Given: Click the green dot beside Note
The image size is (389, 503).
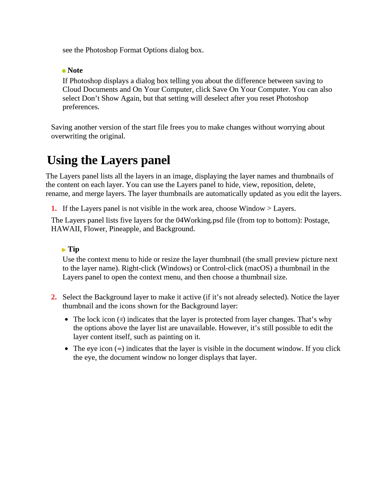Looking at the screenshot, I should pos(64,71).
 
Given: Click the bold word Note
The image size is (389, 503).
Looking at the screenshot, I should pos(75,70).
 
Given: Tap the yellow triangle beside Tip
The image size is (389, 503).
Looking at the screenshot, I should pos(64,250).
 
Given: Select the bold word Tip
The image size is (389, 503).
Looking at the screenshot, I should pos(73,249).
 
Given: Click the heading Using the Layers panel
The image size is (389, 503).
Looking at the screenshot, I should pos(108,160).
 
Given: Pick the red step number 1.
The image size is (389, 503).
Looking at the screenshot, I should pos(54,209).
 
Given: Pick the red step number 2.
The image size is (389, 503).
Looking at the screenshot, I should pos(54,297).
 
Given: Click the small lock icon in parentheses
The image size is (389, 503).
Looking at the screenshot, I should pos(121,319).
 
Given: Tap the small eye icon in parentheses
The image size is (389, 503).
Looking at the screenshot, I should pos(119,349).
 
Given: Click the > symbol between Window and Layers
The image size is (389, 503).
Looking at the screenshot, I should pos(269,209).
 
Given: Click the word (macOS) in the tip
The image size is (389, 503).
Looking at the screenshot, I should pos(258,268).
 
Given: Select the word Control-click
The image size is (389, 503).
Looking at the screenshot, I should pos(222,268).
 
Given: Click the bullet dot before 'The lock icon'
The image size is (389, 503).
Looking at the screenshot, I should pos(66,319).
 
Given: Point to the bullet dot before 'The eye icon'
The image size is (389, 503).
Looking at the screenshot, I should pos(66,349).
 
